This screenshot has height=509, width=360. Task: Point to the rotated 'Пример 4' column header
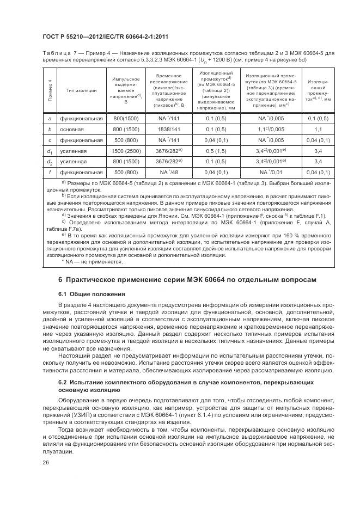pyautogui.click(x=50, y=90)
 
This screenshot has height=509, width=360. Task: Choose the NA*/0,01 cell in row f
pyautogui.click(x=271, y=172)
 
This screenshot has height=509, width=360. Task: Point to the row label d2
pyautogui.click(x=50, y=162)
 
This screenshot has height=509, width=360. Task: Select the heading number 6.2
pyautogui.click(x=63, y=383)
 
